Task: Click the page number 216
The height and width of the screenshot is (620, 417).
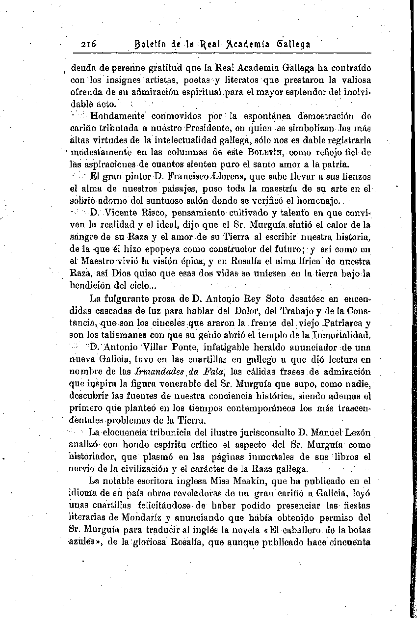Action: (90, 44)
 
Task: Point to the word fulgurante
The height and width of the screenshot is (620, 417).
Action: (128, 298)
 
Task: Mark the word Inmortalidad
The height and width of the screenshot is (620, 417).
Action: (337, 335)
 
